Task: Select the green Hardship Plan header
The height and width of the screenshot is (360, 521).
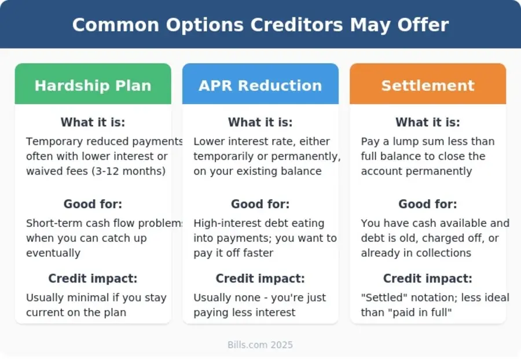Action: (x=93, y=86)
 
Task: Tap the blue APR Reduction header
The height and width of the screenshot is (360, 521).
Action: (x=260, y=86)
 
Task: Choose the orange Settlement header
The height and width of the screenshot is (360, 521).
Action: (x=428, y=86)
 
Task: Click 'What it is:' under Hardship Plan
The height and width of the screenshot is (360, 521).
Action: (x=93, y=123)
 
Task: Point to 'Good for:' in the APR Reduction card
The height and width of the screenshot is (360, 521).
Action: (x=260, y=204)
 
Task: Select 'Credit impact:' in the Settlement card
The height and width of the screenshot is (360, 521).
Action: (x=428, y=278)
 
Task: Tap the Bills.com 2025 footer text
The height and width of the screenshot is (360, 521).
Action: (x=260, y=345)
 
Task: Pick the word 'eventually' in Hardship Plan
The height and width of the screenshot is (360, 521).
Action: (x=53, y=253)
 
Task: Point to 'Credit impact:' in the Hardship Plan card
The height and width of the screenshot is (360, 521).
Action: (x=93, y=278)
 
